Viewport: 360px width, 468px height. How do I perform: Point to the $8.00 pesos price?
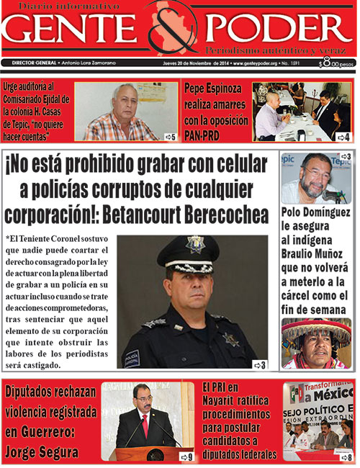[336, 63]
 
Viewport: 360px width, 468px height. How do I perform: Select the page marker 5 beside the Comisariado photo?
[171, 136]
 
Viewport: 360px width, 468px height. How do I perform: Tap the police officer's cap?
[189, 251]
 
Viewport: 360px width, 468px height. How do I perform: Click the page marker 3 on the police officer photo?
[258, 364]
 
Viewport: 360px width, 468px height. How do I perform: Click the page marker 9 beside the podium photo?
[186, 456]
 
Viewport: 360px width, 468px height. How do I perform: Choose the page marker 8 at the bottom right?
[347, 456]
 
